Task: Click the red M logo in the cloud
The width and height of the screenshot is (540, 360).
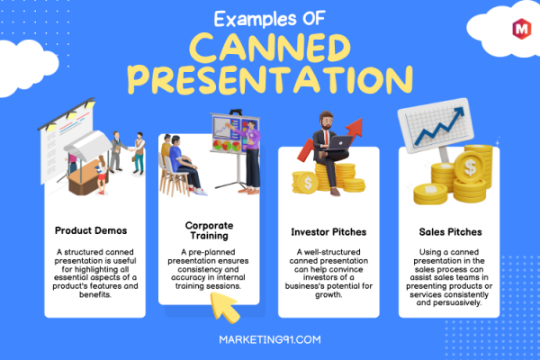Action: pyautogui.click(x=521, y=29)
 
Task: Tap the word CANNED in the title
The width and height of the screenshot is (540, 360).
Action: pyautogui.click(x=270, y=48)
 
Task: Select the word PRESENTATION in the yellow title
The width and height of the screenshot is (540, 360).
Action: pyautogui.click(x=270, y=79)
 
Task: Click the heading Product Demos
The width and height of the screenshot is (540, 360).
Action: pyautogui.click(x=91, y=230)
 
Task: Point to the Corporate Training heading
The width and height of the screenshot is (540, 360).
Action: pyautogui.click(x=209, y=230)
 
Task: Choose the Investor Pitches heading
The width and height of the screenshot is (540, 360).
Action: pyautogui.click(x=328, y=232)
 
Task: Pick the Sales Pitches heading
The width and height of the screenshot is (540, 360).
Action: pyautogui.click(x=450, y=232)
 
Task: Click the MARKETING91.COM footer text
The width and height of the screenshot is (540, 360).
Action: pyautogui.click(x=270, y=339)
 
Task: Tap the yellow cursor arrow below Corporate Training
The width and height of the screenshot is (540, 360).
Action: pyautogui.click(x=224, y=307)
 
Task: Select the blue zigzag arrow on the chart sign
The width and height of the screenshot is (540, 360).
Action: pyautogui.click(x=439, y=126)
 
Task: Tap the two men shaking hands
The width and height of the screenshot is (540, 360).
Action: pyautogui.click(x=128, y=151)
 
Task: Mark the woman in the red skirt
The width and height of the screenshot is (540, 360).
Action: pyautogui.click(x=102, y=175)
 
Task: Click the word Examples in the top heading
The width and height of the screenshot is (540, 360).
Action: pyautogui.click(x=255, y=19)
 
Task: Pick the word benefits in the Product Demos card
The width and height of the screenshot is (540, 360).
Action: pyautogui.click(x=95, y=294)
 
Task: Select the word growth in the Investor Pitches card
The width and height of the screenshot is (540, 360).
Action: pyautogui.click(x=328, y=295)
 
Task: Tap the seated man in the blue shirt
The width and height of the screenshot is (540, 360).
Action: pyautogui.click(x=184, y=164)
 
